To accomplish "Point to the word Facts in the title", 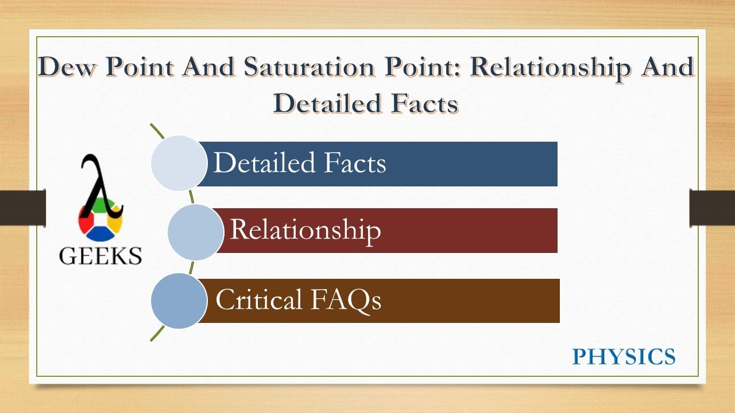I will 428,103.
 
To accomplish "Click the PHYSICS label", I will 624,357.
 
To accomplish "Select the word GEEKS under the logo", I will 100,255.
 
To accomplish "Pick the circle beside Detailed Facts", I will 179,163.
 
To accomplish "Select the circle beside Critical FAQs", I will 179,301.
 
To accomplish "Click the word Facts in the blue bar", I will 354,163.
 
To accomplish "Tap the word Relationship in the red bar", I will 305,230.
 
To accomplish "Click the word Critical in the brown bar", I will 258,300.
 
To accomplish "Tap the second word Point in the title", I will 427,68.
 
